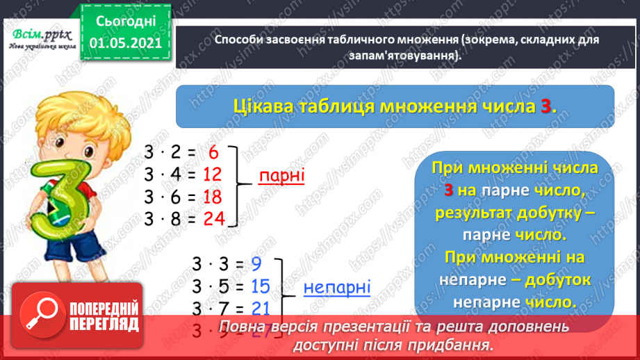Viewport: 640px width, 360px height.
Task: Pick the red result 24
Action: [x=214, y=220]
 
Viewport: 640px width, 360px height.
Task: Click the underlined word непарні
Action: [x=337, y=286]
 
